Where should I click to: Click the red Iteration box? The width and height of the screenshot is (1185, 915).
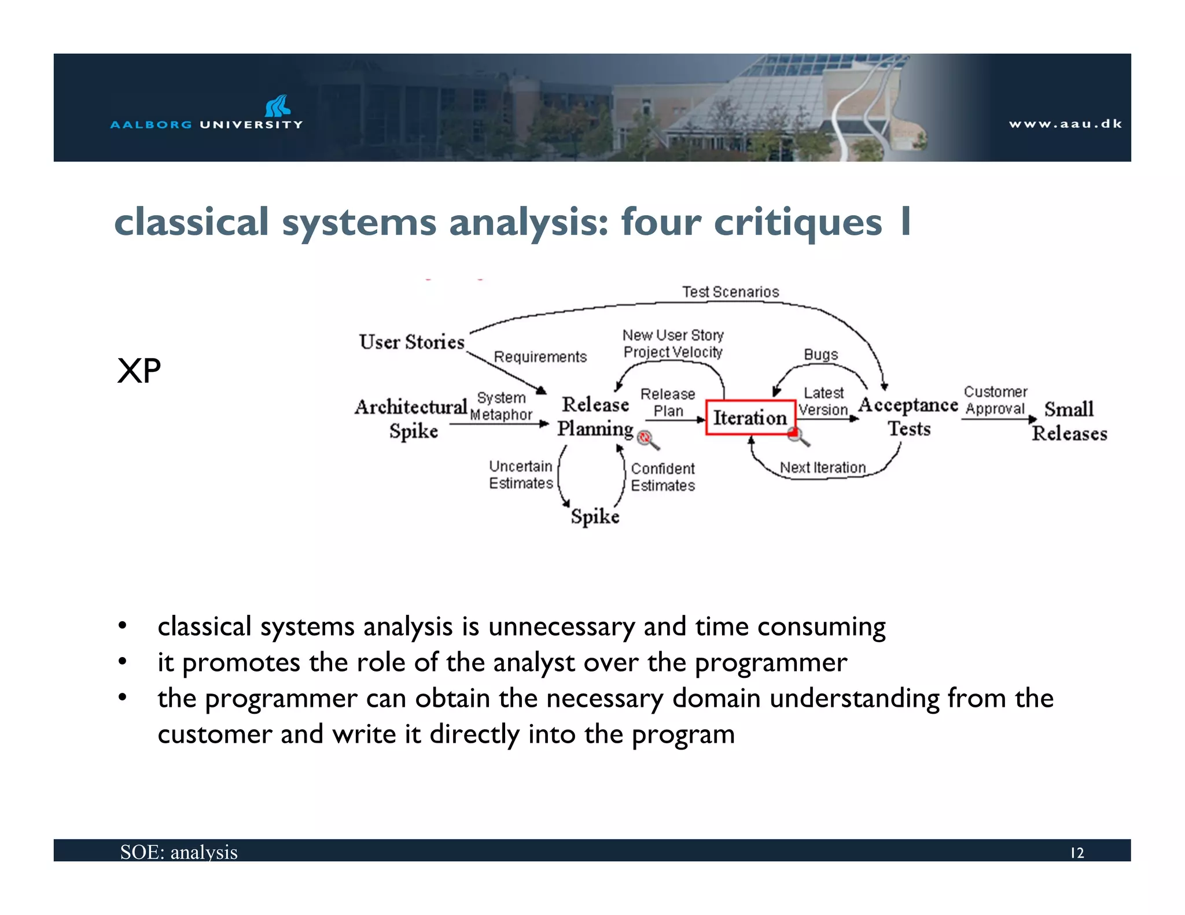coord(750,417)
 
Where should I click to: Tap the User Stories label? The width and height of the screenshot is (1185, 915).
coord(411,342)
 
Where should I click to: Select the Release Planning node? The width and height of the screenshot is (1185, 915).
coord(595,416)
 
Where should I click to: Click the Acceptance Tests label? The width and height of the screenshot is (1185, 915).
coord(908,416)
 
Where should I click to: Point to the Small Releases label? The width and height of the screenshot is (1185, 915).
coord(1069,421)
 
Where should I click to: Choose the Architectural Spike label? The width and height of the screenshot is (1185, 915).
coord(411,419)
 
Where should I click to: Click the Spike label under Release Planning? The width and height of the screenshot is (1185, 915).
coord(595,516)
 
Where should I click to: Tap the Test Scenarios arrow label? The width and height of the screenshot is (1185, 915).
coord(730,292)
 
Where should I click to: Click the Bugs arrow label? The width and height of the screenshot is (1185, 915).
coord(820,355)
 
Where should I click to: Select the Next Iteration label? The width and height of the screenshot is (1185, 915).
coord(822,467)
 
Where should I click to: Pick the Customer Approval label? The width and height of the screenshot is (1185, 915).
coord(995,400)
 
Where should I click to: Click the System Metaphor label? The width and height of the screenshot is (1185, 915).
coord(501,406)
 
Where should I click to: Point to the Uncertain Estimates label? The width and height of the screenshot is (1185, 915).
coord(521,474)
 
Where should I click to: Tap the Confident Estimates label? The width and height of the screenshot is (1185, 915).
coord(663,477)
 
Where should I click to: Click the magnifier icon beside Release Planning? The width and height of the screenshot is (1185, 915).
coord(647,440)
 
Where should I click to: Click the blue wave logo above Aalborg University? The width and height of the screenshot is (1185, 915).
coord(278,106)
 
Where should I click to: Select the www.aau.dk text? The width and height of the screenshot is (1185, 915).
coord(1065,124)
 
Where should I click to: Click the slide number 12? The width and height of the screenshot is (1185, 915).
coord(1077,853)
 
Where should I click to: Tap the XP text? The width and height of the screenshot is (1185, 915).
coord(139,371)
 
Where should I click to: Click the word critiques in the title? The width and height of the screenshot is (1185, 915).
coord(798,222)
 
